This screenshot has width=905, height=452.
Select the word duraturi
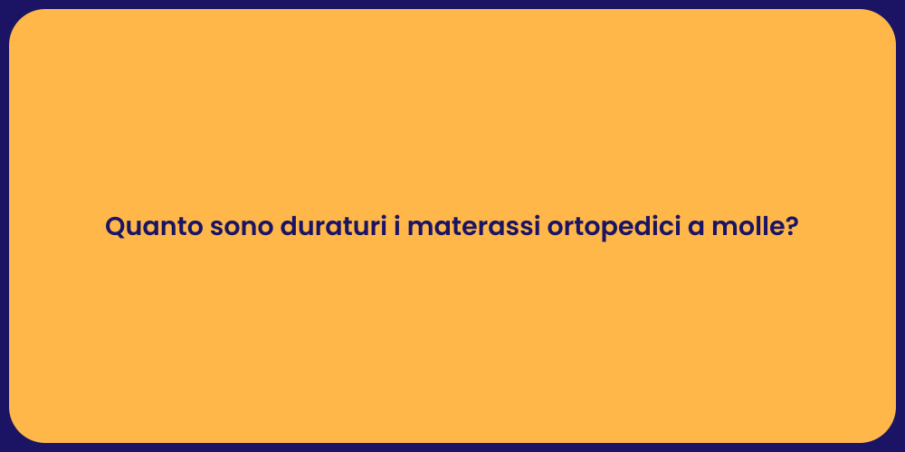pos(332,227)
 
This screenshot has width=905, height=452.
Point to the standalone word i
pos(396,227)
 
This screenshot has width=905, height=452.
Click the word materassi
pos(472,227)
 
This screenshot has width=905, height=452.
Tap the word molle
pos(748,227)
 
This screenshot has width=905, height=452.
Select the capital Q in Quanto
pos(115,227)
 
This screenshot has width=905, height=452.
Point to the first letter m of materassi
pos(418,229)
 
